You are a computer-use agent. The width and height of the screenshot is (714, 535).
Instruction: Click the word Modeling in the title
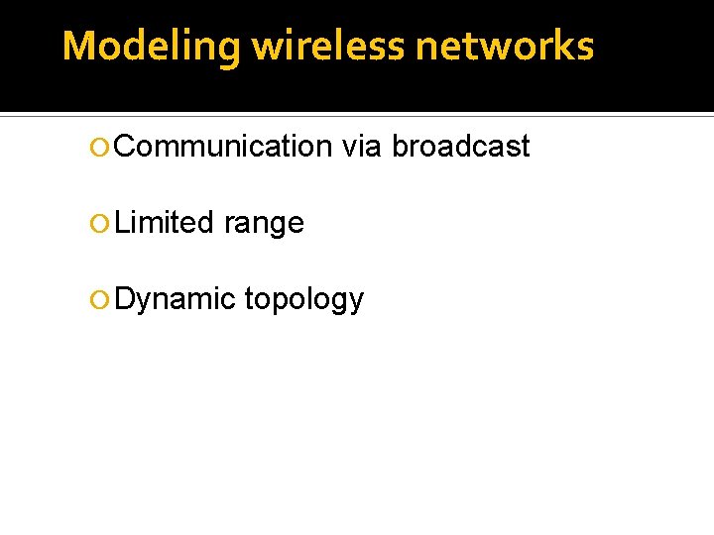[x=151, y=47]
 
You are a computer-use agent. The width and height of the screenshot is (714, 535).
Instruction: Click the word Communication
[x=223, y=147]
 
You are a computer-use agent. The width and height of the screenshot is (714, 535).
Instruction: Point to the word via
[x=361, y=147]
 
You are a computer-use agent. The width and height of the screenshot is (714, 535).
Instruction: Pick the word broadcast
[x=461, y=147]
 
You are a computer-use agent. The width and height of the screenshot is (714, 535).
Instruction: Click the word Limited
[x=165, y=223]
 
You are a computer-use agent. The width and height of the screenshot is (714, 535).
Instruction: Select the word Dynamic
[x=175, y=299]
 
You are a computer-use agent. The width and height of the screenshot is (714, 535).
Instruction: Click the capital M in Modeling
[x=78, y=47]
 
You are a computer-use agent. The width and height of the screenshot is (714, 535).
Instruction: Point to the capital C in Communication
[x=126, y=147]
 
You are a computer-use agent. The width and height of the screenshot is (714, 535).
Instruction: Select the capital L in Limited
[x=122, y=223]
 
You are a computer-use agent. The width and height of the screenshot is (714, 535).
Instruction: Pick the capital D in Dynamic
[x=125, y=299]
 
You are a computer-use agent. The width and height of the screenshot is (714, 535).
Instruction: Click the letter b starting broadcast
[x=400, y=147]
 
